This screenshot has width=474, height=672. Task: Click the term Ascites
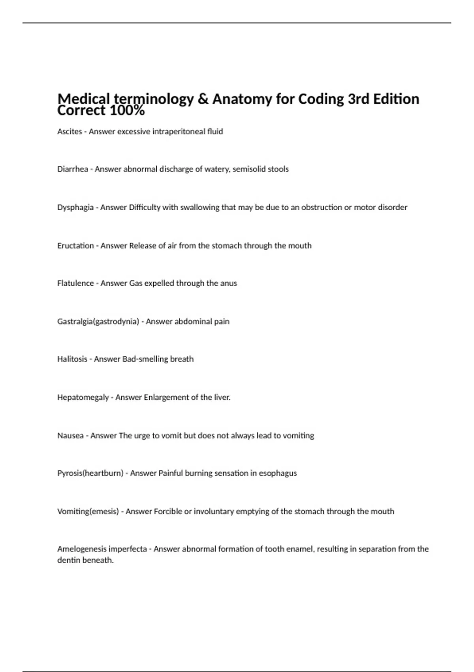70,132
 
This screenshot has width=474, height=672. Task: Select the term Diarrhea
73,169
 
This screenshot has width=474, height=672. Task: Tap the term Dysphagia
75,208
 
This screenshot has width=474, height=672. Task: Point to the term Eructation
75,245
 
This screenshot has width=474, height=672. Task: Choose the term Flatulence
75,283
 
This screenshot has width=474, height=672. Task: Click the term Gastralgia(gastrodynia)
98,322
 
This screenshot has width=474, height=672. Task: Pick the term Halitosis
72,359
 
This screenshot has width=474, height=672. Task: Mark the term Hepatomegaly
83,398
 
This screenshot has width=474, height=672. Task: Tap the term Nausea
70,436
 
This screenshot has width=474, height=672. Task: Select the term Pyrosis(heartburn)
90,473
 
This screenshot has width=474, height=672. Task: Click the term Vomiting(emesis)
88,512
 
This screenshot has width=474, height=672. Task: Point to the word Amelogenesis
82,549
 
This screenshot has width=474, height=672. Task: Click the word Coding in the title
321,99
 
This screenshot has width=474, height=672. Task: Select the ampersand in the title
203,99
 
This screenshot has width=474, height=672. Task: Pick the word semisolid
249,169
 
